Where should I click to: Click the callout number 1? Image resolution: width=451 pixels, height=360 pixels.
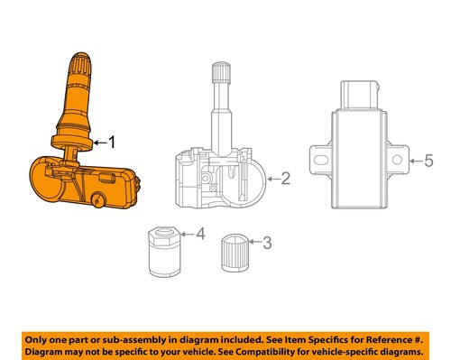click(x=112, y=141)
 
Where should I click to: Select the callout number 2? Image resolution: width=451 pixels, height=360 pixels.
click(x=285, y=179)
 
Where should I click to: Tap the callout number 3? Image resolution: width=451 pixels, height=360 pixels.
click(x=266, y=241)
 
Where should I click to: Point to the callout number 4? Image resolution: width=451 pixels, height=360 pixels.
click(x=200, y=235)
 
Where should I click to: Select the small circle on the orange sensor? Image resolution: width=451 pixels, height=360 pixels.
click(x=101, y=198)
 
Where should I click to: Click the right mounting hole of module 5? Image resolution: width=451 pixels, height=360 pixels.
click(x=398, y=160)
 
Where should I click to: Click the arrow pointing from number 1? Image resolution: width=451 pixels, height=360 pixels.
click(x=98, y=142)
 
